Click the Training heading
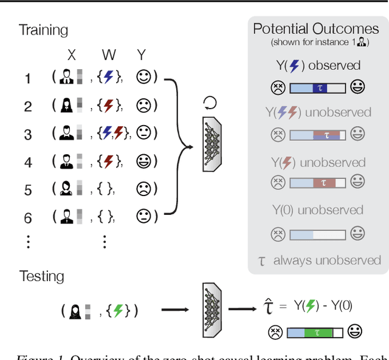pos(43,30)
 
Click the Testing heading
pos(41,276)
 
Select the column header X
pos(72,55)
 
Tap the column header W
pos(109,55)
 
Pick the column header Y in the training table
pos(141,55)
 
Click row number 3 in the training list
pos(28,134)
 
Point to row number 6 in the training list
pos(28,217)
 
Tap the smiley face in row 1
pos(143,78)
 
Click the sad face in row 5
pos(143,189)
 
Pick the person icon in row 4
pos(67,161)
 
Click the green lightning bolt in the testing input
pos(119,311)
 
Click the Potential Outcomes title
pos(315,29)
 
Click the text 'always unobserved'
pos(326,260)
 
